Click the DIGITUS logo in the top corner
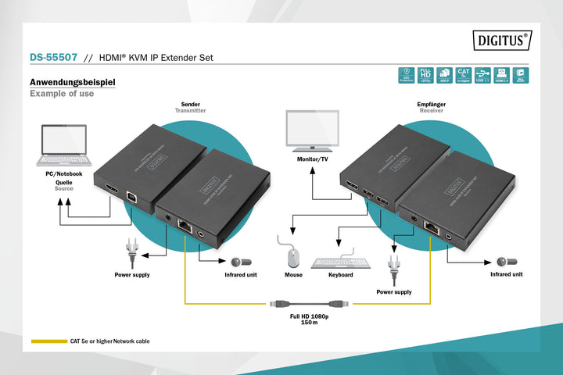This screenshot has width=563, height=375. click(x=502, y=39)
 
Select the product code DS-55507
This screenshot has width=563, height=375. click(x=53, y=58)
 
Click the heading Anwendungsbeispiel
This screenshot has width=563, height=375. click(x=73, y=82)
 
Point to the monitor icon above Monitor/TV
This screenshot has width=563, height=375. click(x=312, y=131)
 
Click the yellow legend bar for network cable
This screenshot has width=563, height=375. click(x=48, y=341)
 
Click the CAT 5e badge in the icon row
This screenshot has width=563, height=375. click(x=464, y=74)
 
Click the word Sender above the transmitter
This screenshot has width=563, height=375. click(x=190, y=103)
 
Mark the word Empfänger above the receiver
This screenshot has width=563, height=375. click(x=432, y=103)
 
